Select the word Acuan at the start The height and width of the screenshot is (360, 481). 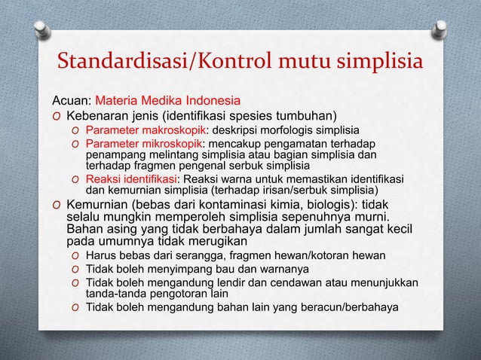70,100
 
